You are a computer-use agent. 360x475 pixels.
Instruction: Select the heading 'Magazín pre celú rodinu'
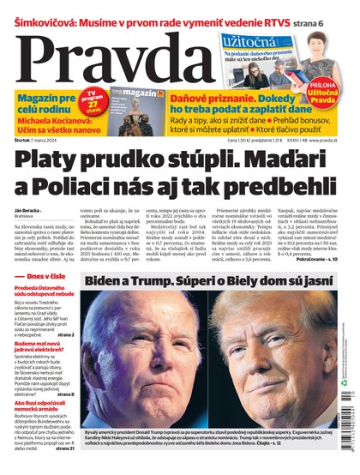pos(42,106)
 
